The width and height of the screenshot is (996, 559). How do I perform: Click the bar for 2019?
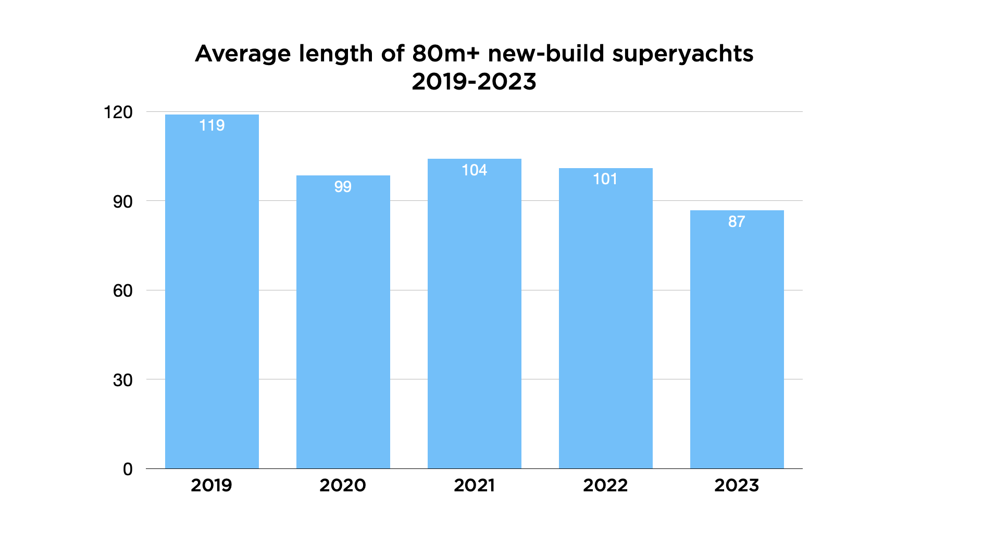click(211, 291)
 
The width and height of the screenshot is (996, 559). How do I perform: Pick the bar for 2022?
click(605, 318)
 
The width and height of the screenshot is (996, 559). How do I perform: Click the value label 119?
click(211, 125)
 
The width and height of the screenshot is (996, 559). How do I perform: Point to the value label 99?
click(343, 187)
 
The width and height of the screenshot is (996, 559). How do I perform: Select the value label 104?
click(474, 170)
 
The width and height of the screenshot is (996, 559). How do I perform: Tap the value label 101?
click(605, 179)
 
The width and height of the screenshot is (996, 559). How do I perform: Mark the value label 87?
click(737, 222)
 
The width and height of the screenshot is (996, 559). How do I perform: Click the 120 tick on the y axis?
click(118, 112)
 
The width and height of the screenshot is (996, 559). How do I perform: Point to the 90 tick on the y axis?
click(122, 202)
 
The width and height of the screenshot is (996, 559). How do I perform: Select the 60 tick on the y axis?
click(122, 291)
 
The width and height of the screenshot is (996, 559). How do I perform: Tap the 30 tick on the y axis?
click(122, 380)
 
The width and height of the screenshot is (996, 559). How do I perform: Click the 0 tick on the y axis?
click(128, 469)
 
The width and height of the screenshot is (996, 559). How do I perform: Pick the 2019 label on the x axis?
click(211, 486)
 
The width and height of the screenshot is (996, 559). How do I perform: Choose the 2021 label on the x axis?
click(474, 486)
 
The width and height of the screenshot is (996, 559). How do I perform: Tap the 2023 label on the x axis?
click(737, 486)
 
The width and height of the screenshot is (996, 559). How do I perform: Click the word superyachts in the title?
click(682, 54)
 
